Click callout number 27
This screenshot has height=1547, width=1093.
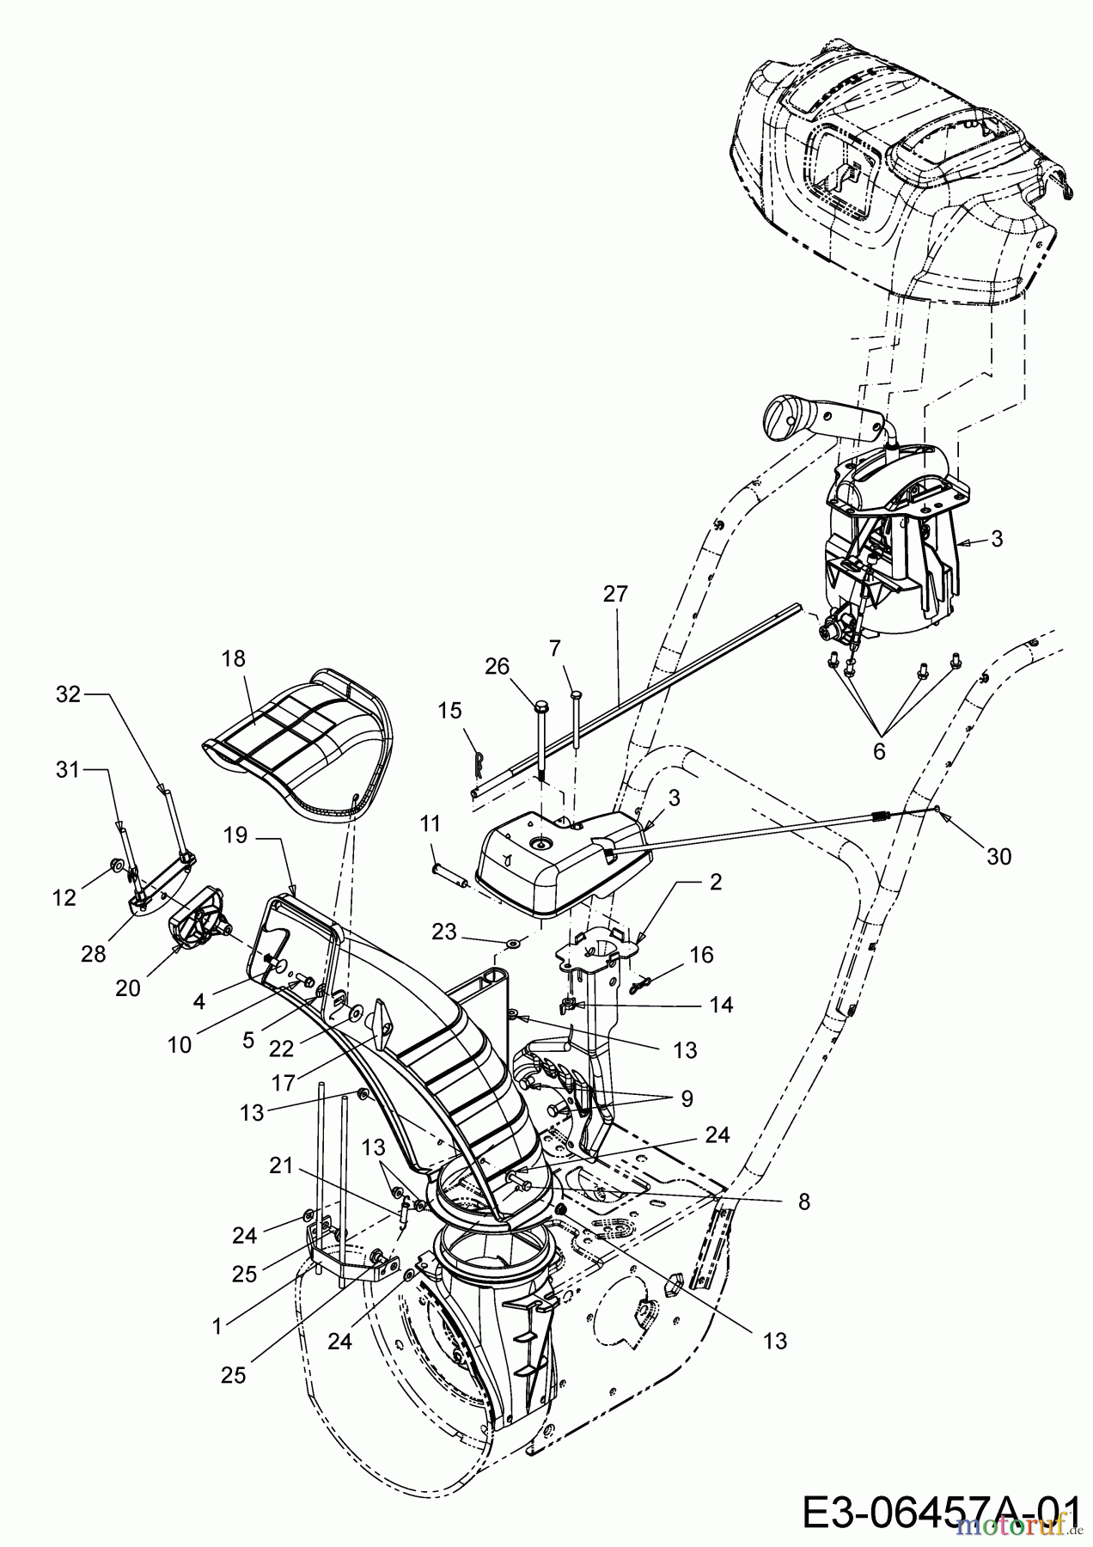tap(616, 594)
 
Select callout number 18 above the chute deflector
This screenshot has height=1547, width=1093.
tap(233, 659)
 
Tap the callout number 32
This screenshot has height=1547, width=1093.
tap(68, 694)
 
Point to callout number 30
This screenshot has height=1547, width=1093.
tap(998, 856)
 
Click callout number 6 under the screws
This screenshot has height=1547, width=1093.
tap(878, 750)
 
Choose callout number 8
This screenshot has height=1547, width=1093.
tap(803, 1202)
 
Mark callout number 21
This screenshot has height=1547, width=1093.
tap(281, 1166)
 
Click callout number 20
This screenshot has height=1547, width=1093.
tap(128, 989)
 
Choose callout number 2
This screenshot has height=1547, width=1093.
tap(716, 882)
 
